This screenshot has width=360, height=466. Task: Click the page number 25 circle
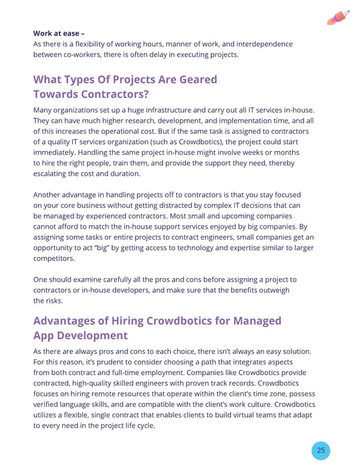(321, 450)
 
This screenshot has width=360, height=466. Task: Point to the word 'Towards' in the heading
(58, 95)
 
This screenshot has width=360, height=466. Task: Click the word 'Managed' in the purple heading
(257, 321)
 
